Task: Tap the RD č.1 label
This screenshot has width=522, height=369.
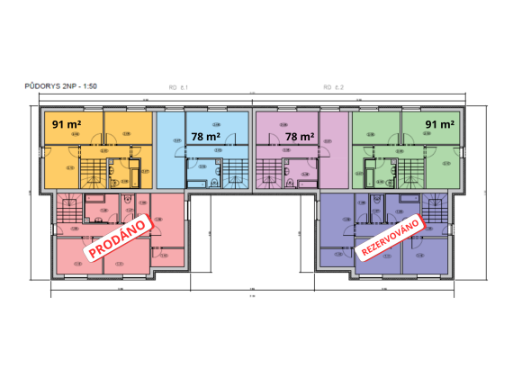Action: [176, 87]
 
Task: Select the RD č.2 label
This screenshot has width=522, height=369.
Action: [334, 87]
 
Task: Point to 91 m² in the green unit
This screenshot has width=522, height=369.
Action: [439, 124]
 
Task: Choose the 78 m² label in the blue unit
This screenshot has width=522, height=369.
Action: [206, 137]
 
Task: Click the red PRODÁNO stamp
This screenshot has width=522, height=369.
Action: [117, 233]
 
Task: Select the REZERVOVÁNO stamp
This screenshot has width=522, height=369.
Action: [391, 236]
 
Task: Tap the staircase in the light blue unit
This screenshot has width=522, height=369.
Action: [235, 170]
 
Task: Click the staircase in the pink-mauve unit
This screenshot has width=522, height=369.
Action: [268, 170]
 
